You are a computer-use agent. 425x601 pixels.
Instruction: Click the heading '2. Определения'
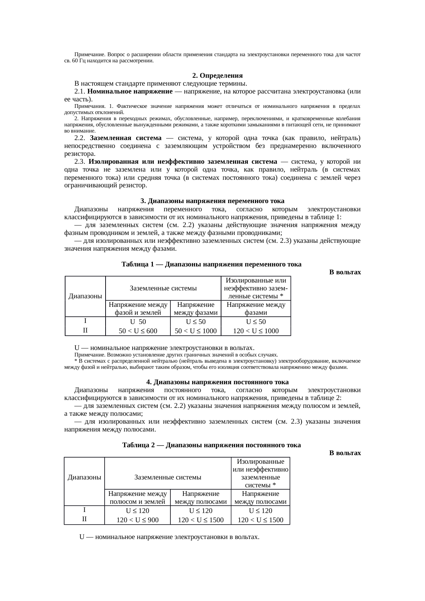coord(217,75)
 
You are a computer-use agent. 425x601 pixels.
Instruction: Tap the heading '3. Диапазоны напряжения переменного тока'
coord(212,201)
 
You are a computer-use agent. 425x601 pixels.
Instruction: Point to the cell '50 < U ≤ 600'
coord(138,331)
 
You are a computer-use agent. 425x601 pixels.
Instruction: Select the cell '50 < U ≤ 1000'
coord(196,331)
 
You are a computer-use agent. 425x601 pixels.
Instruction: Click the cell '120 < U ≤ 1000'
coord(256,331)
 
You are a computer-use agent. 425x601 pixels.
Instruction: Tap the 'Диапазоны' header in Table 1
coord(85,296)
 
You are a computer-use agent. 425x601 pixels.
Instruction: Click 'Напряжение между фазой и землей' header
coord(138,309)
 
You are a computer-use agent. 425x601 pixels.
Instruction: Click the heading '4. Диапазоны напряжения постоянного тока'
coord(217,382)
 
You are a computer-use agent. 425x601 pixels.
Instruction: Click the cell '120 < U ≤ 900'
coord(137,520)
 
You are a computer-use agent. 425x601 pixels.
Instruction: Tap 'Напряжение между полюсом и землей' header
coord(137,498)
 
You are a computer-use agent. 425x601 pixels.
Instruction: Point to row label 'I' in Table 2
coord(84,510)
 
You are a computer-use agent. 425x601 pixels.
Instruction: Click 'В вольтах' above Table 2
coord(345,453)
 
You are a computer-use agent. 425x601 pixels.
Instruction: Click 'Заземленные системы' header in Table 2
coord(168,477)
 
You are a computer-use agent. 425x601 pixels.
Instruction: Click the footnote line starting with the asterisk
coord(212,364)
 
